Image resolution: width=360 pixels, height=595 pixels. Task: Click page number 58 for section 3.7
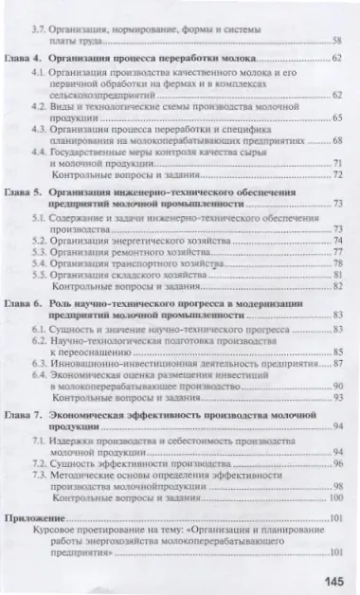337,42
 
